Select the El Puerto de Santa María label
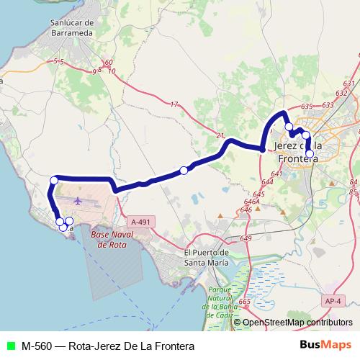pos(207,257)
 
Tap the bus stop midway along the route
pos(184,170)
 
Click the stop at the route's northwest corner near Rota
pos(53,180)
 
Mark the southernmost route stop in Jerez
pos(310,153)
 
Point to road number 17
pos(174,104)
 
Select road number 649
pos(246,238)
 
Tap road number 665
pos(244,301)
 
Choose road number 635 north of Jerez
pos(307,106)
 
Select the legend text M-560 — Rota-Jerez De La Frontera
pos(107,346)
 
